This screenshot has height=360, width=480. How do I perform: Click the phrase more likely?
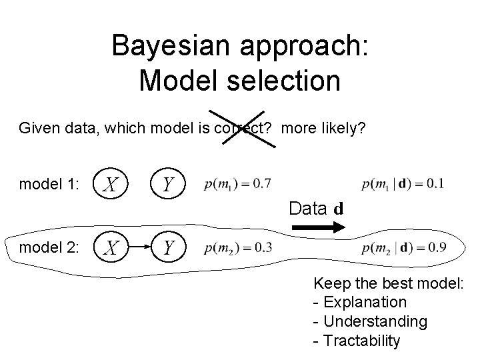[323, 127]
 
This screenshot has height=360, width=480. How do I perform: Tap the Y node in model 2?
[169, 248]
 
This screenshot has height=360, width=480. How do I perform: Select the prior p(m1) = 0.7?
[238, 182]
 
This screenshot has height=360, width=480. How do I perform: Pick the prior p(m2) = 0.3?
[238, 248]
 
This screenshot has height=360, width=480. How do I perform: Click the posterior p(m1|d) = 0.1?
[403, 182]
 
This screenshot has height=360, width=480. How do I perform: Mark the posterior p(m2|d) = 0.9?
[403, 248]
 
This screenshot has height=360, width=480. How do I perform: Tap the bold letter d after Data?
[339, 209]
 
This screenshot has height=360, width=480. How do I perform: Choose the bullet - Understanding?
[370, 321]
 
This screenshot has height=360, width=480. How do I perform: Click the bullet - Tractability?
[357, 341]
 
